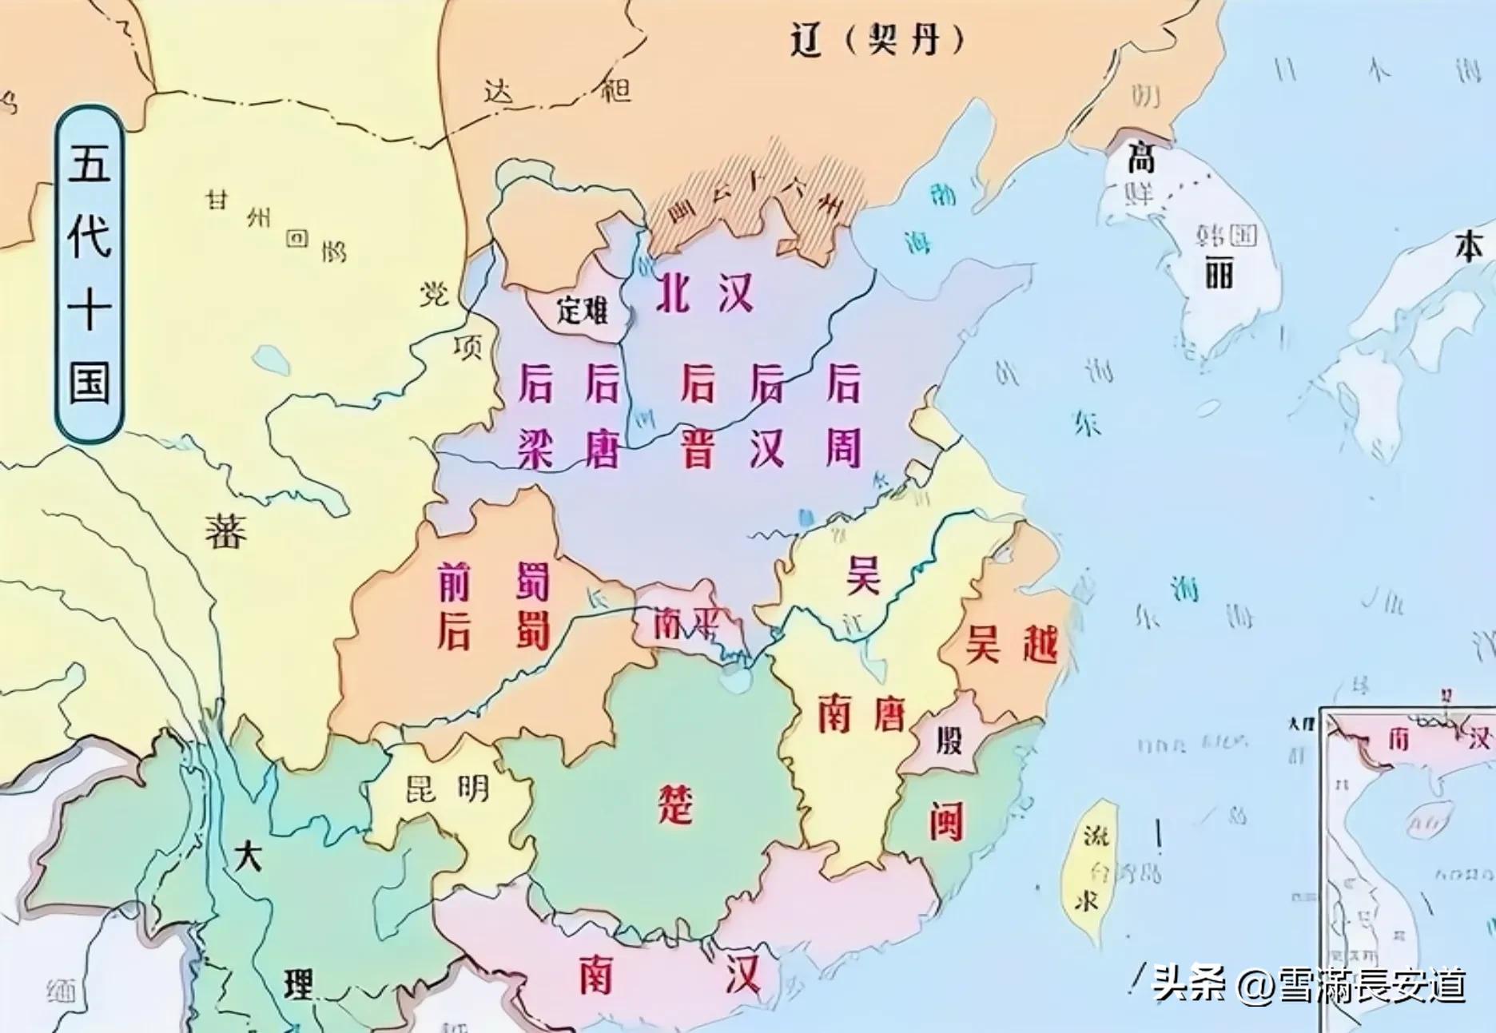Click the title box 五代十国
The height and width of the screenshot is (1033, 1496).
point(89,274)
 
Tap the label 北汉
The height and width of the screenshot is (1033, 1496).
point(704,293)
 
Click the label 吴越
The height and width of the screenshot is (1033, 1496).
point(1012,644)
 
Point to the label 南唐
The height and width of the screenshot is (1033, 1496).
point(861,713)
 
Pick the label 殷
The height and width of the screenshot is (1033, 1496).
point(949,741)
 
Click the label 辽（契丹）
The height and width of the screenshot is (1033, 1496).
point(877,38)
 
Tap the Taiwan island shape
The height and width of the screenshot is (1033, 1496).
point(1092,871)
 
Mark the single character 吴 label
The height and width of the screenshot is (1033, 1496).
point(863,575)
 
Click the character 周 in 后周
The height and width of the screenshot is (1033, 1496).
point(843,449)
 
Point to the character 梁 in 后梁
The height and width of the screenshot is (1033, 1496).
point(535,449)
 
